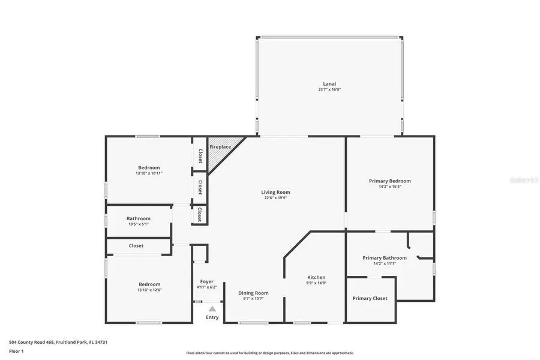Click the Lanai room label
tap(329, 83)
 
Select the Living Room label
tap(275, 192)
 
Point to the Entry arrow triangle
tap(212, 309)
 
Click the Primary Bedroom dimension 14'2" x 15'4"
tap(389, 187)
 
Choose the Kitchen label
tap(316, 277)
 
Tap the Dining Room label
tap(253, 293)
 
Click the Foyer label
tap(206, 281)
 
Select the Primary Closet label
tap(370, 298)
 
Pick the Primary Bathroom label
tap(385, 258)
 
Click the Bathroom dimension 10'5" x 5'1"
tap(139, 224)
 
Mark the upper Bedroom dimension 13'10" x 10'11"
tap(149, 173)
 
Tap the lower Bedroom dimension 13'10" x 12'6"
tap(149, 290)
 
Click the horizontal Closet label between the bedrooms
tap(136, 245)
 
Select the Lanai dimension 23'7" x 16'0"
tap(329, 89)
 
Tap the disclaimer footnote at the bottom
tap(269, 353)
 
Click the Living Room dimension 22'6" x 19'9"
tap(275, 198)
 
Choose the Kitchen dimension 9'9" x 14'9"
tap(316, 283)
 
